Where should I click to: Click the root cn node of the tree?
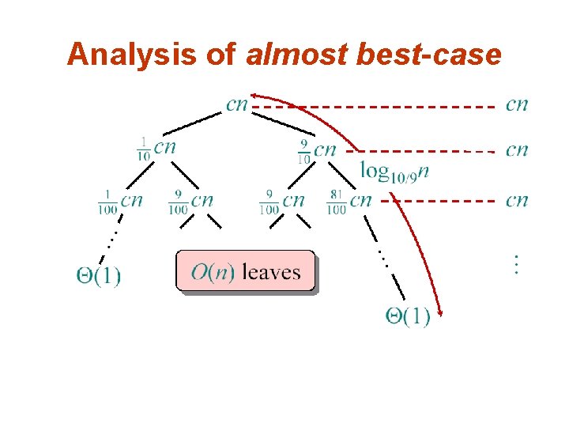(236, 104)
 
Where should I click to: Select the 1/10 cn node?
(156, 148)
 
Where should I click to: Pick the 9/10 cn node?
(315, 149)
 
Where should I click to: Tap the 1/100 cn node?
(120, 202)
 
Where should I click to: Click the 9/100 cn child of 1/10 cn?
(190, 202)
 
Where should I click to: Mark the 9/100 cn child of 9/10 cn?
(281, 202)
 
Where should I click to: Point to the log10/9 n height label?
(394, 170)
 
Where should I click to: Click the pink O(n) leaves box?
(245, 272)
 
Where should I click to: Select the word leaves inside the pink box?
(271, 273)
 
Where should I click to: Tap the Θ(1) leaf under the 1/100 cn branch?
(98, 277)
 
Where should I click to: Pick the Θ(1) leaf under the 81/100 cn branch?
(407, 317)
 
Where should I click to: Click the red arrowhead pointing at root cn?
(254, 95)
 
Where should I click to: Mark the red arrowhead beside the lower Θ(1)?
(441, 316)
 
